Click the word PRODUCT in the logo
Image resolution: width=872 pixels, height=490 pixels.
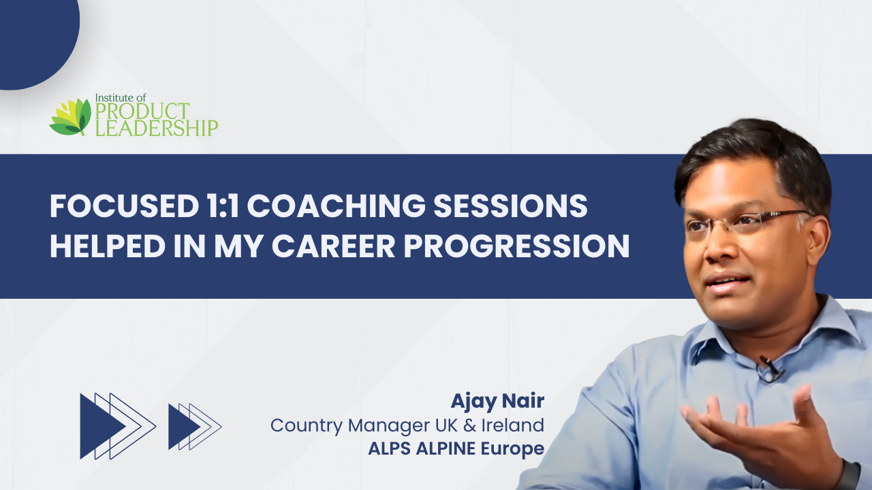click(x=142, y=111)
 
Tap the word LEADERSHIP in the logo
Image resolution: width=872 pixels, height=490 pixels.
click(x=156, y=128)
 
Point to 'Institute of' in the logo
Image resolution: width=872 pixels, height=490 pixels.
click(x=121, y=97)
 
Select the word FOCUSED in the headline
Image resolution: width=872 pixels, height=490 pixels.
click(x=125, y=206)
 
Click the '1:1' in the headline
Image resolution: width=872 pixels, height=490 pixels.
click(x=223, y=206)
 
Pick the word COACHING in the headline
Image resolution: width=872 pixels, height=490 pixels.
click(x=337, y=206)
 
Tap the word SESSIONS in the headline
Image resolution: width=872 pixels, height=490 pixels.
click(x=510, y=206)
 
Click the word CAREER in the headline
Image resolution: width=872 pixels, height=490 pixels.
click(x=334, y=246)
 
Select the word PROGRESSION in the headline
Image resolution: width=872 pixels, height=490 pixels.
click(x=516, y=246)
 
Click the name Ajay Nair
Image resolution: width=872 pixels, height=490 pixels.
click(x=497, y=402)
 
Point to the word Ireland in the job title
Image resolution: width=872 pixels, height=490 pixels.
click(x=513, y=425)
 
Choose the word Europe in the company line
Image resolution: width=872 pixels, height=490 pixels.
click(x=512, y=448)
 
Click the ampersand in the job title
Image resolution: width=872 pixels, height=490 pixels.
click(x=469, y=425)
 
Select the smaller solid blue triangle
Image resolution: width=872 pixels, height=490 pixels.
click(x=184, y=427)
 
